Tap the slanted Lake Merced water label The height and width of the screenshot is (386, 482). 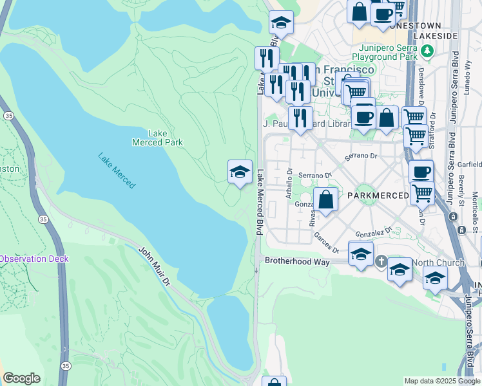click(117, 170)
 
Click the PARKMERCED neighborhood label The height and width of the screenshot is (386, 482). click(377, 195)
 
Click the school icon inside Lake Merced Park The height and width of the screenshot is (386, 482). click(240, 172)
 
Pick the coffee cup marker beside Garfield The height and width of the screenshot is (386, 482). click(421, 172)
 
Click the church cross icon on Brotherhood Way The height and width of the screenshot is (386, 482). click(381, 262)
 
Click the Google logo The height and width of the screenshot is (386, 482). click(21, 378)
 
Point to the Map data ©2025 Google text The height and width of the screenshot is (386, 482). click(441, 381)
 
